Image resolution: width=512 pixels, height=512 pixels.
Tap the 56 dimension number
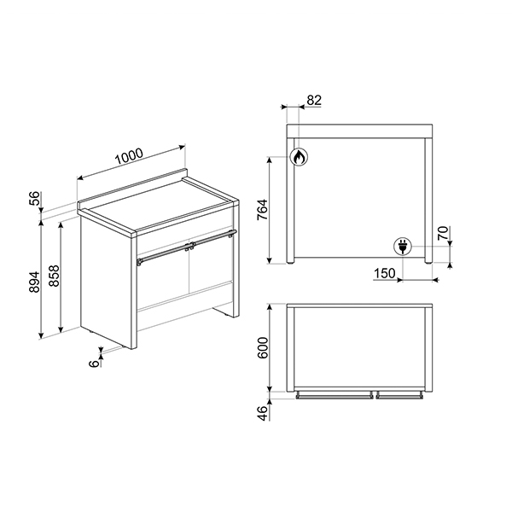[35, 198]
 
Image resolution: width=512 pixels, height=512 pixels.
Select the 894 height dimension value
[35, 281]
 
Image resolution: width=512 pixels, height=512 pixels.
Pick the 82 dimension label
[313, 100]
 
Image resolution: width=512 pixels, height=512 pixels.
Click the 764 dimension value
[261, 210]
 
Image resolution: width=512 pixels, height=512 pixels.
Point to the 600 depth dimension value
[263, 348]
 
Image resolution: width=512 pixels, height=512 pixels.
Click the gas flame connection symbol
[299, 157]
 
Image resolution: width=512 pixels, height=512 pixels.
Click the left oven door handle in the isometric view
[163, 253]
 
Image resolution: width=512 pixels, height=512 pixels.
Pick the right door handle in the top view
[399, 395]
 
